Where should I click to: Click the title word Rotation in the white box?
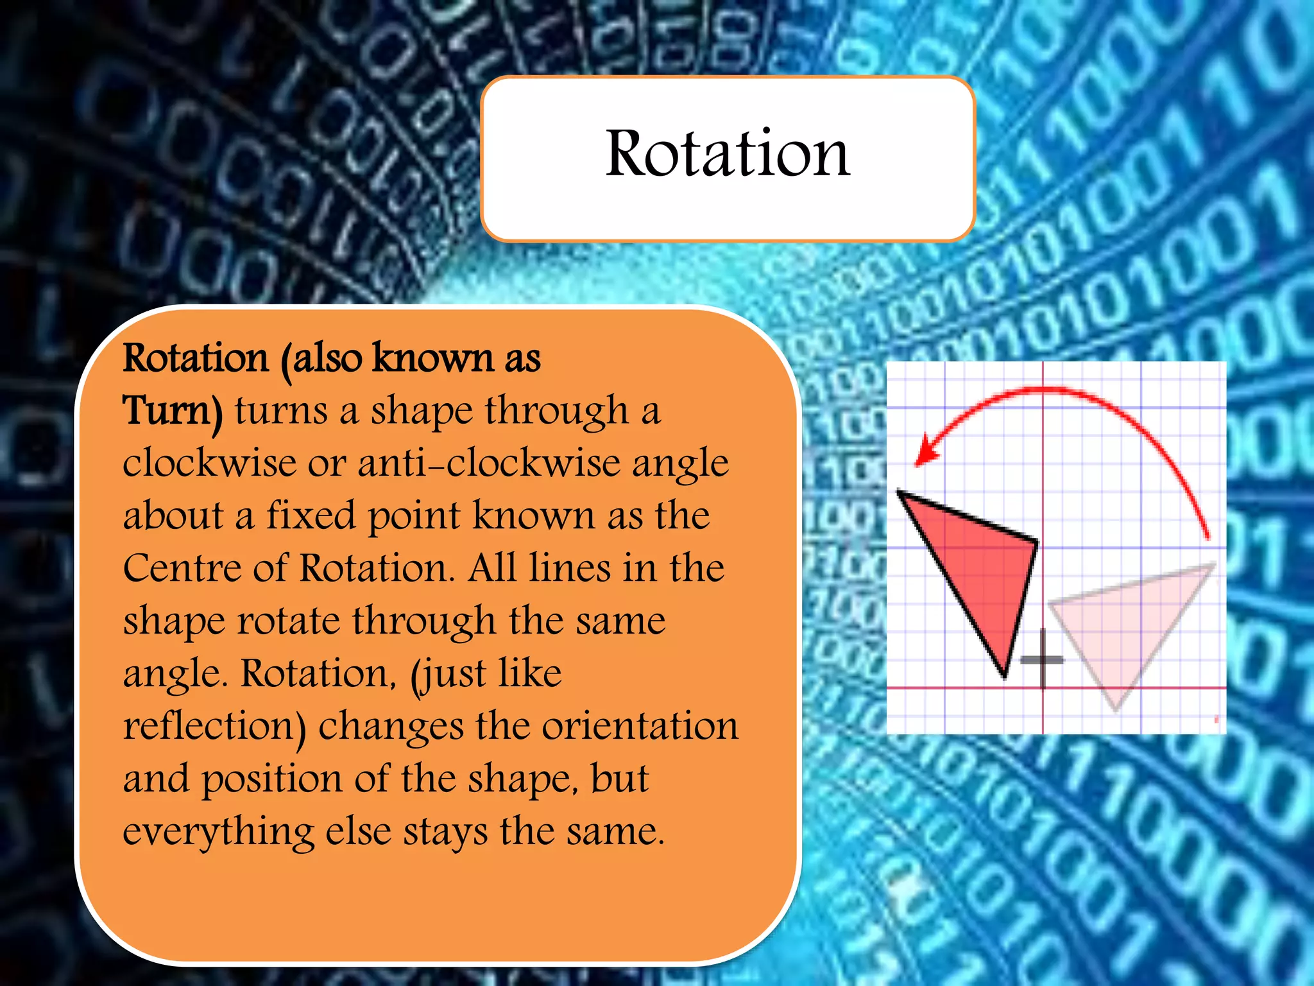click(x=728, y=154)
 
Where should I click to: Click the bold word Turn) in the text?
click(x=173, y=411)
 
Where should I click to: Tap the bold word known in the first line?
click(x=432, y=358)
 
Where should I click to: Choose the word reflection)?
click(x=214, y=727)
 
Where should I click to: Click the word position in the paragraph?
click(x=272, y=779)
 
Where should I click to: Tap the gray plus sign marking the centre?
click(x=1042, y=659)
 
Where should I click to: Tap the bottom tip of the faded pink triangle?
click(x=1116, y=709)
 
